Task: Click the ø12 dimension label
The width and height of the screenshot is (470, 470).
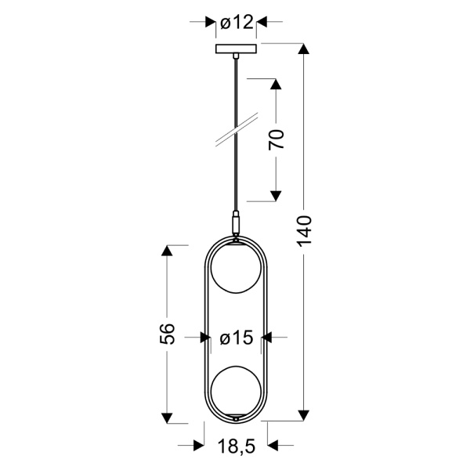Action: pyautogui.click(x=237, y=23)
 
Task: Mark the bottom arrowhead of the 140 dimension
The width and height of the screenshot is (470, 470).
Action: pyautogui.click(x=305, y=415)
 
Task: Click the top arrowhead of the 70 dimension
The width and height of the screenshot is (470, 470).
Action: pyautogui.click(x=276, y=84)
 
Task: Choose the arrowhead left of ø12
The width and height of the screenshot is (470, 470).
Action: pyautogui.click(x=210, y=23)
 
